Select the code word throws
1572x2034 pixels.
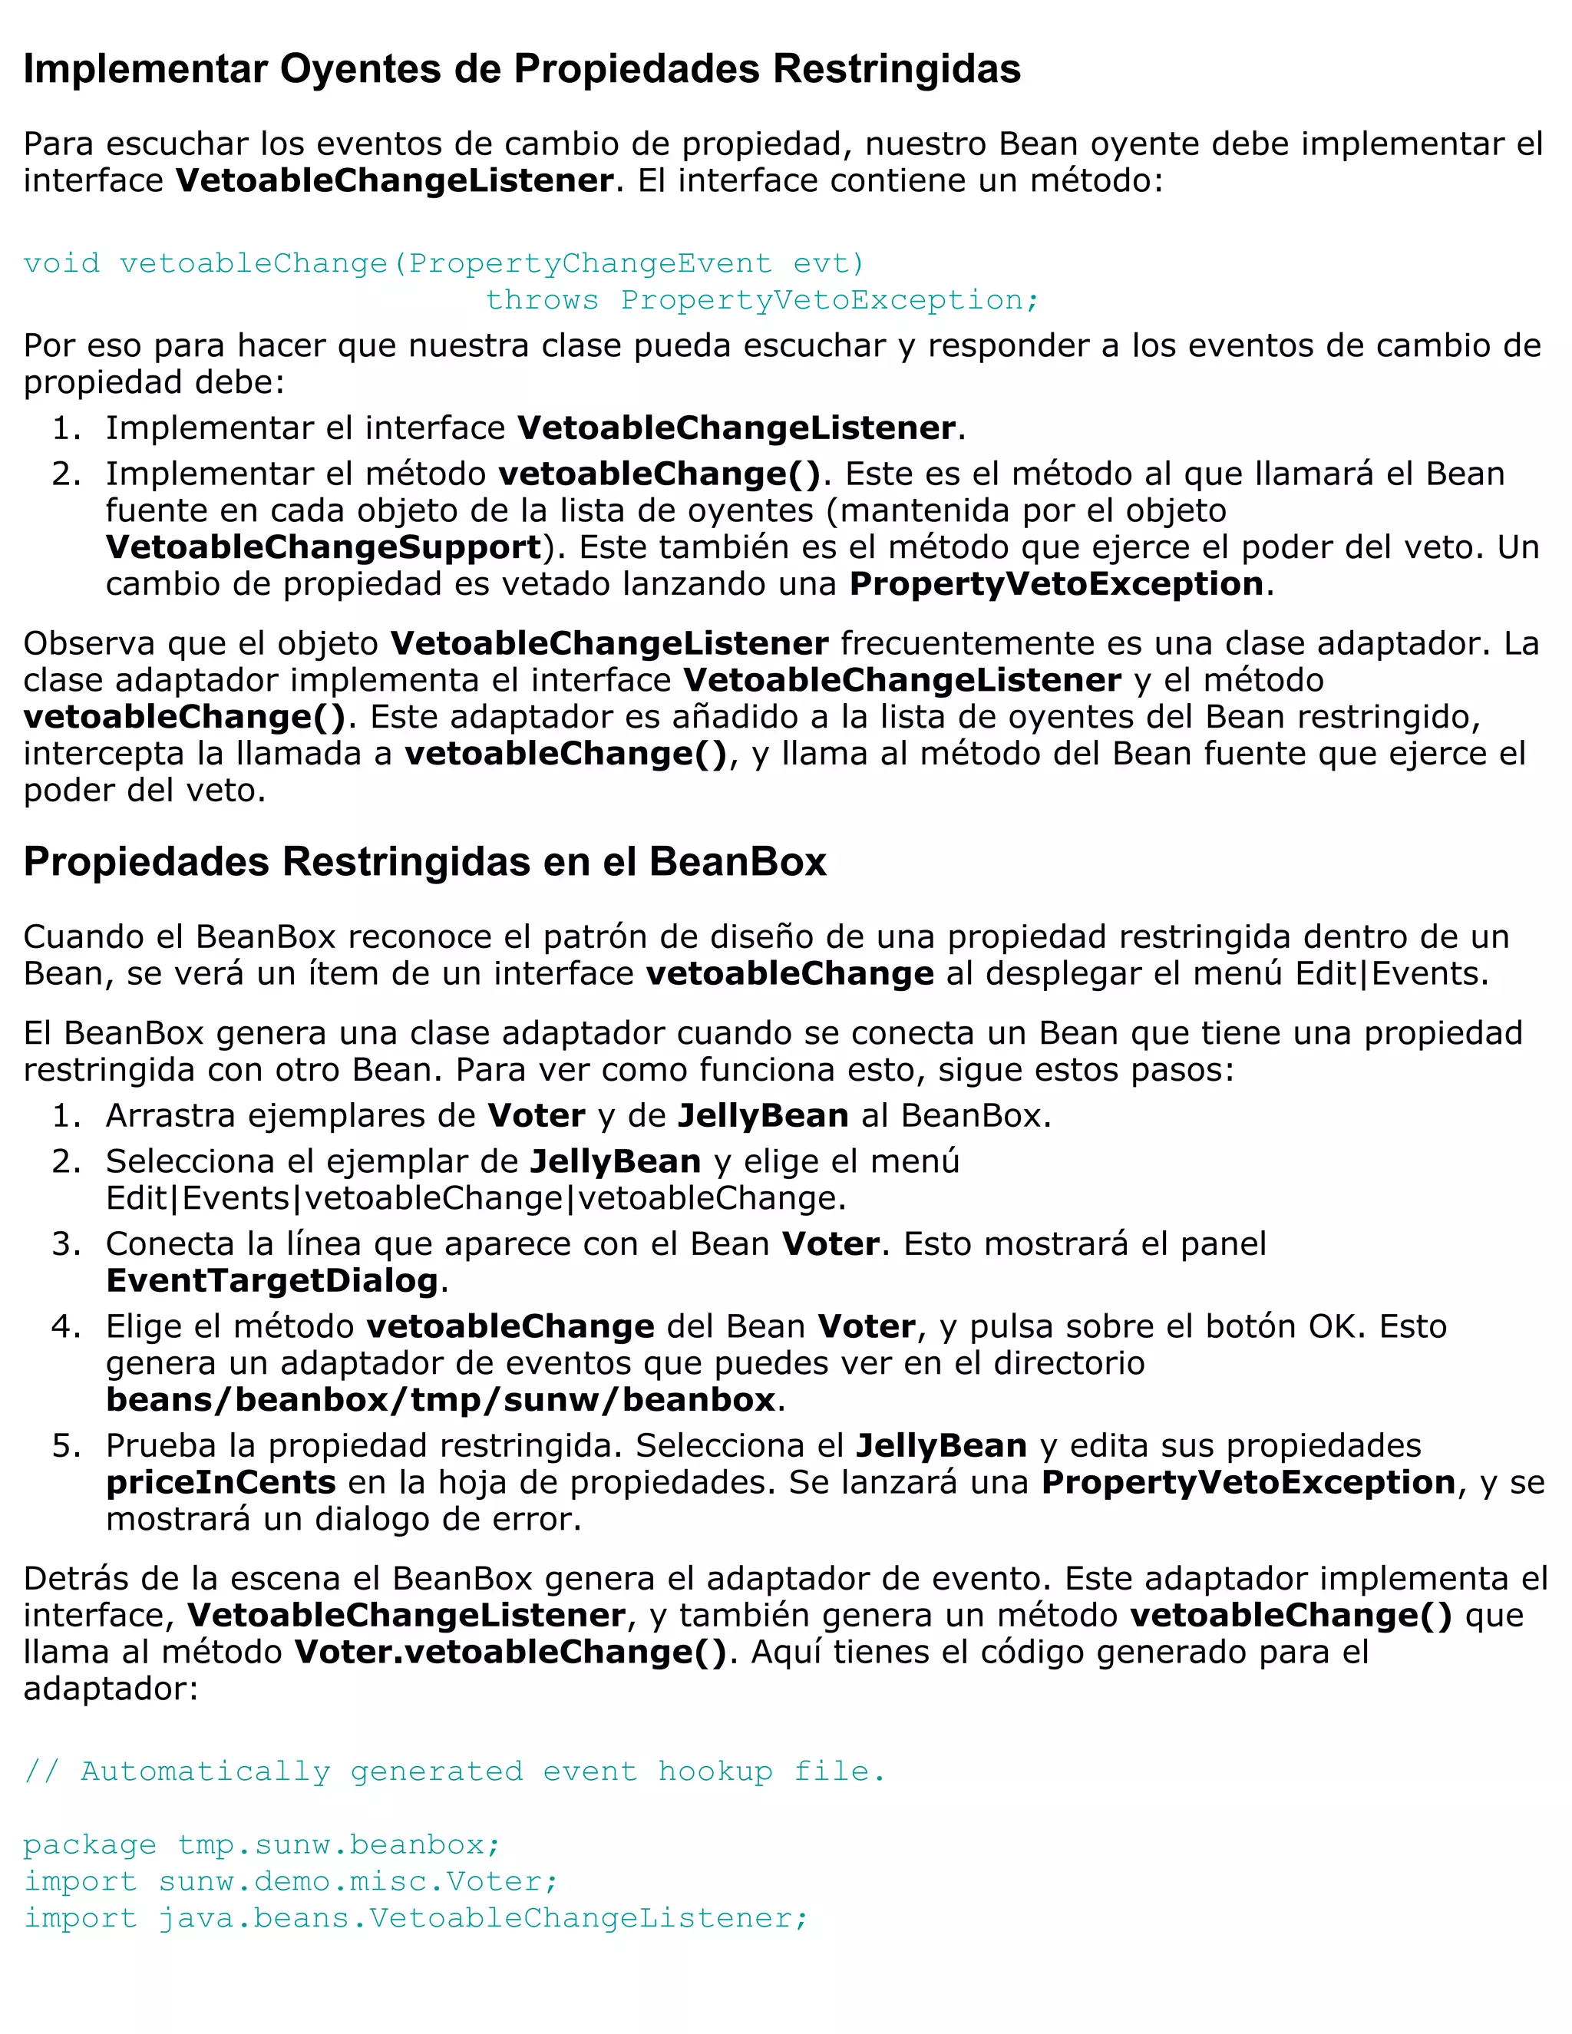tap(542, 300)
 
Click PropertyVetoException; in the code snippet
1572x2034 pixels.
tap(829, 300)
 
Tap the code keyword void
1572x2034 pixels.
tap(61, 263)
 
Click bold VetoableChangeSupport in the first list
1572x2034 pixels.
tap(323, 547)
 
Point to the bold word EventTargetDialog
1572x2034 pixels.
tap(272, 1280)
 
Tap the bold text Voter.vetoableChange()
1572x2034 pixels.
tap(510, 1653)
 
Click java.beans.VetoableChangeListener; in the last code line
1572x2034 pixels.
tap(482, 1917)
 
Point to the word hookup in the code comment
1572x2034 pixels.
tap(715, 1771)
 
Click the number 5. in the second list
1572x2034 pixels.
tap(66, 1446)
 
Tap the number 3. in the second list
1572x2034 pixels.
tap(66, 1244)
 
